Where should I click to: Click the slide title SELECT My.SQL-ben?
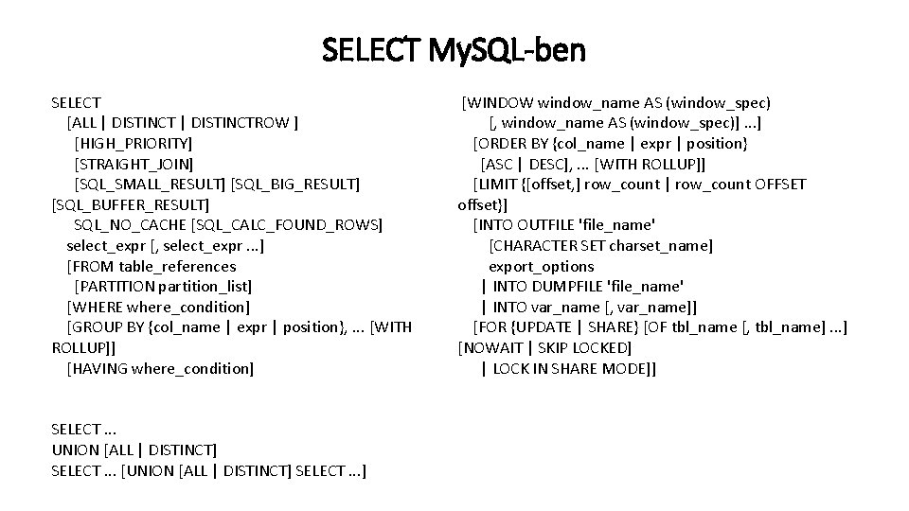[x=454, y=48]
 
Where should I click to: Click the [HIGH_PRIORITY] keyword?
[x=133, y=143]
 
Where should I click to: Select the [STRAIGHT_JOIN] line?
[x=134, y=164]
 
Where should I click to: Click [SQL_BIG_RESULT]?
[x=295, y=184]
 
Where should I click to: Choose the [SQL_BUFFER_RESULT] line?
[x=131, y=204]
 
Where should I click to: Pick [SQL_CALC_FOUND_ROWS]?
[x=287, y=225]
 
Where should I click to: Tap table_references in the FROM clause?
[x=178, y=266]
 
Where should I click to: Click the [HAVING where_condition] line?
[x=160, y=368]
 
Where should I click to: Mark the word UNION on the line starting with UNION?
[x=77, y=449]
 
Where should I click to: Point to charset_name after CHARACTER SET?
[x=661, y=245]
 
